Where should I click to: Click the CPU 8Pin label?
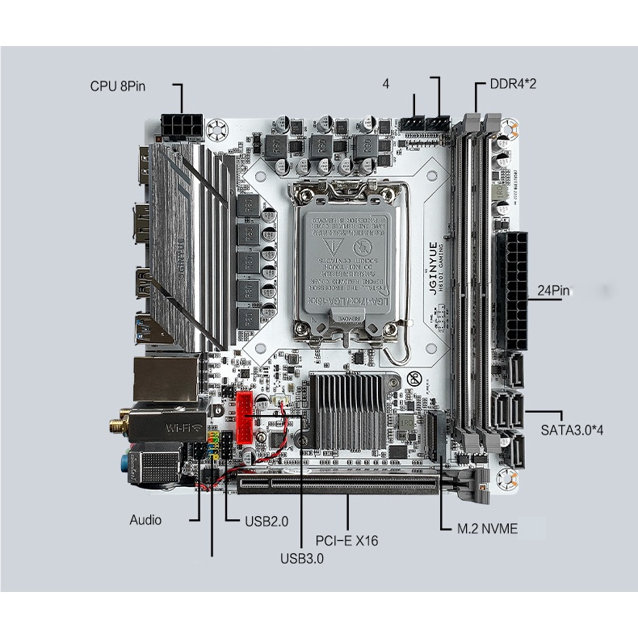point(118,86)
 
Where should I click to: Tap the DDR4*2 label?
point(514,84)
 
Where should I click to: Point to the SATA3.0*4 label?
point(573,429)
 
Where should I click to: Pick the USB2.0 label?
point(266,521)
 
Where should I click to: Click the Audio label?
point(145,520)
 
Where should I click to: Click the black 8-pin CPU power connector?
point(182,127)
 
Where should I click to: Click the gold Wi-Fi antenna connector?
point(117,423)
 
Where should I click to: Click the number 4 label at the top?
point(386,84)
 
